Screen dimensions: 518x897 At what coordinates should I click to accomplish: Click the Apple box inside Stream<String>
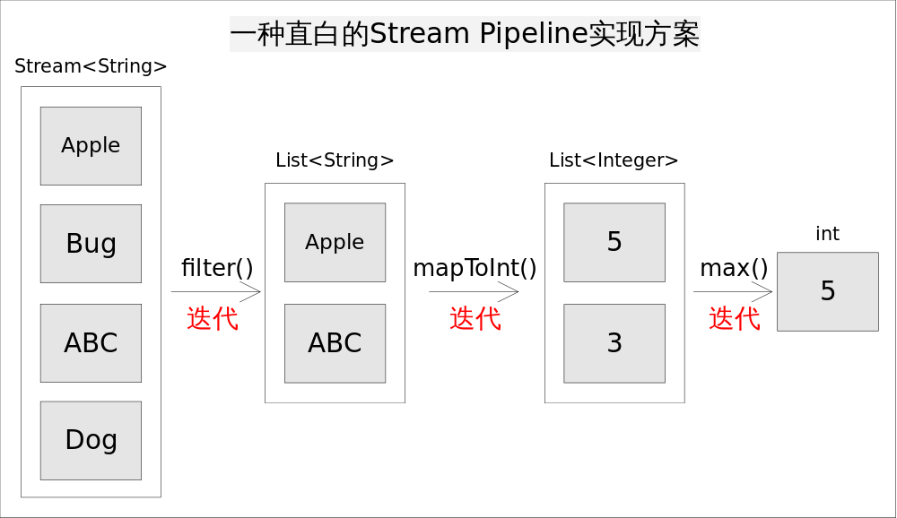click(x=91, y=146)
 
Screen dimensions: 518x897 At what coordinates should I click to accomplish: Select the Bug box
click(x=91, y=244)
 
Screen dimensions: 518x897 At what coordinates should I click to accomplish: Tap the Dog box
click(x=91, y=440)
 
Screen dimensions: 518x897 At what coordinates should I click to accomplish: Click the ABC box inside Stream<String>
click(x=91, y=343)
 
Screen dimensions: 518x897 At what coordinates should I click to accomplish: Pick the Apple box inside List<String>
click(x=335, y=242)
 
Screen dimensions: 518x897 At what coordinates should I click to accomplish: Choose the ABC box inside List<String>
click(x=335, y=343)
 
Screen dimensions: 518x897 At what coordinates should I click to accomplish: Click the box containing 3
click(x=614, y=343)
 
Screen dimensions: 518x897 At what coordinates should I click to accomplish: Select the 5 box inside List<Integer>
click(x=614, y=242)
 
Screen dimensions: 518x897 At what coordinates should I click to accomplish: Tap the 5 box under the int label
click(x=827, y=291)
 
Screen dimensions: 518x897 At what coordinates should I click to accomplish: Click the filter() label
click(x=217, y=268)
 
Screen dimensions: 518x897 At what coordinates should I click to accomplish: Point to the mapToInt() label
click(x=475, y=268)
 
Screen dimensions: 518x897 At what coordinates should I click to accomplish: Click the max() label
click(x=734, y=268)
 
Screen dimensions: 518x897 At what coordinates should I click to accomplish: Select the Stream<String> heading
click(x=91, y=66)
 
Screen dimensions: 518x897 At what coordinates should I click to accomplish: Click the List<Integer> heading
click(x=614, y=160)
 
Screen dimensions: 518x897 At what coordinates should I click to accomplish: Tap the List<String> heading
click(x=335, y=160)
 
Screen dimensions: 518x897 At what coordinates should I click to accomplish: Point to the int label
click(x=827, y=234)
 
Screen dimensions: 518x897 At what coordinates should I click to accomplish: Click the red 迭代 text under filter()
click(x=213, y=318)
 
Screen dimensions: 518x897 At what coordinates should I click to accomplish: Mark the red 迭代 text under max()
click(x=735, y=318)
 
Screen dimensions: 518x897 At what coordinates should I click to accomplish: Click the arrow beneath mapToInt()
click(x=474, y=291)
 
